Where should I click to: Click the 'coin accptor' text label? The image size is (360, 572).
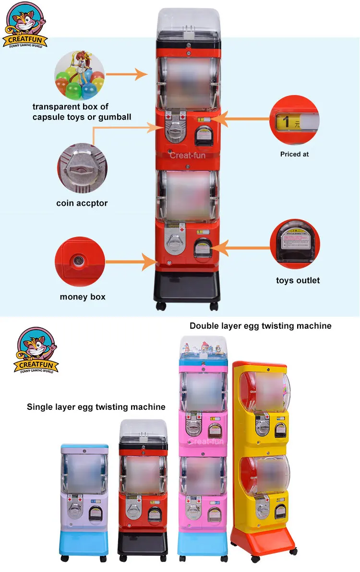pyautogui.click(x=82, y=203)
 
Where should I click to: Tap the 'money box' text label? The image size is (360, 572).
pyautogui.click(x=83, y=297)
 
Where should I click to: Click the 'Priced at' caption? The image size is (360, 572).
pyautogui.click(x=294, y=154)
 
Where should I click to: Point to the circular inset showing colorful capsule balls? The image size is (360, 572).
pyautogui.click(x=80, y=74)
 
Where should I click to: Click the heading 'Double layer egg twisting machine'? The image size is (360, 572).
pyautogui.click(x=260, y=326)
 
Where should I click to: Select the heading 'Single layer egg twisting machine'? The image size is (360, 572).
pyautogui.click(x=96, y=407)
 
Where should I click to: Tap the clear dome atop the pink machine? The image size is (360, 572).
pyautogui.click(x=203, y=344)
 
